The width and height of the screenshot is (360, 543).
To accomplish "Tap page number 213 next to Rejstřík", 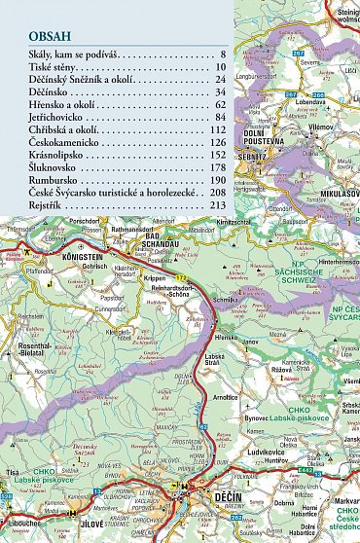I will (216, 206).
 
